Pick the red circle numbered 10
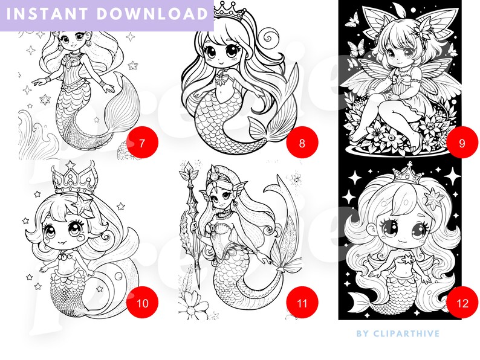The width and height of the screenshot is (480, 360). tap(143, 303)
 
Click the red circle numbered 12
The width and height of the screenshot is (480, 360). tap(462, 303)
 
